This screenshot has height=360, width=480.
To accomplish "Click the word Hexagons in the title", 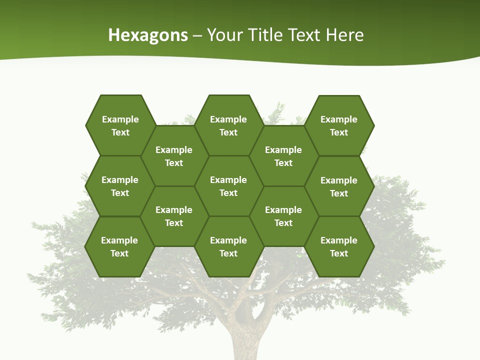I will pyautogui.click(x=148, y=35).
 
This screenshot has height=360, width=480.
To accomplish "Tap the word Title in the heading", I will pyautogui.click(x=265, y=35).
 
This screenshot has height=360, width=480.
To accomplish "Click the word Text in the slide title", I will pyautogui.click(x=305, y=35).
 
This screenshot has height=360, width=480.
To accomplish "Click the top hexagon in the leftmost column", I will pyautogui.click(x=120, y=125).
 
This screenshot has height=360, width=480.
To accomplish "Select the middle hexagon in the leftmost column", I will pyautogui.click(x=120, y=186).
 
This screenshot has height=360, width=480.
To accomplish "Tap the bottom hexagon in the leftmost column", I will pyautogui.click(x=119, y=246).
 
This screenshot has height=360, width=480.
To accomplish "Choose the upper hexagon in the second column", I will pyautogui.click(x=174, y=156).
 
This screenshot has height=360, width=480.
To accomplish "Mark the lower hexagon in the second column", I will pyautogui.click(x=174, y=216).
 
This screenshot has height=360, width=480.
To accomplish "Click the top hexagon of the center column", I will pyautogui.click(x=228, y=125).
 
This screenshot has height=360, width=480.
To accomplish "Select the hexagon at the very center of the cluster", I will pyautogui.click(x=228, y=186).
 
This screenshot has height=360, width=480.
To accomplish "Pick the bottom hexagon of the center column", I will pyautogui.click(x=228, y=246).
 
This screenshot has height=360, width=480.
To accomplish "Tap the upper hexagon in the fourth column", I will pyautogui.click(x=283, y=156).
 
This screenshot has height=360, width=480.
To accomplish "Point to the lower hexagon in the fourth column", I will pyautogui.click(x=283, y=216).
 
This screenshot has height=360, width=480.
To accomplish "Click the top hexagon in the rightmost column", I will pyautogui.click(x=339, y=125).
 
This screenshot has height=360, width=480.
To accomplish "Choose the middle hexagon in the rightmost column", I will pyautogui.click(x=339, y=186).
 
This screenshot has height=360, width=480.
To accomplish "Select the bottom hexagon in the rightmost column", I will pyautogui.click(x=339, y=246).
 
